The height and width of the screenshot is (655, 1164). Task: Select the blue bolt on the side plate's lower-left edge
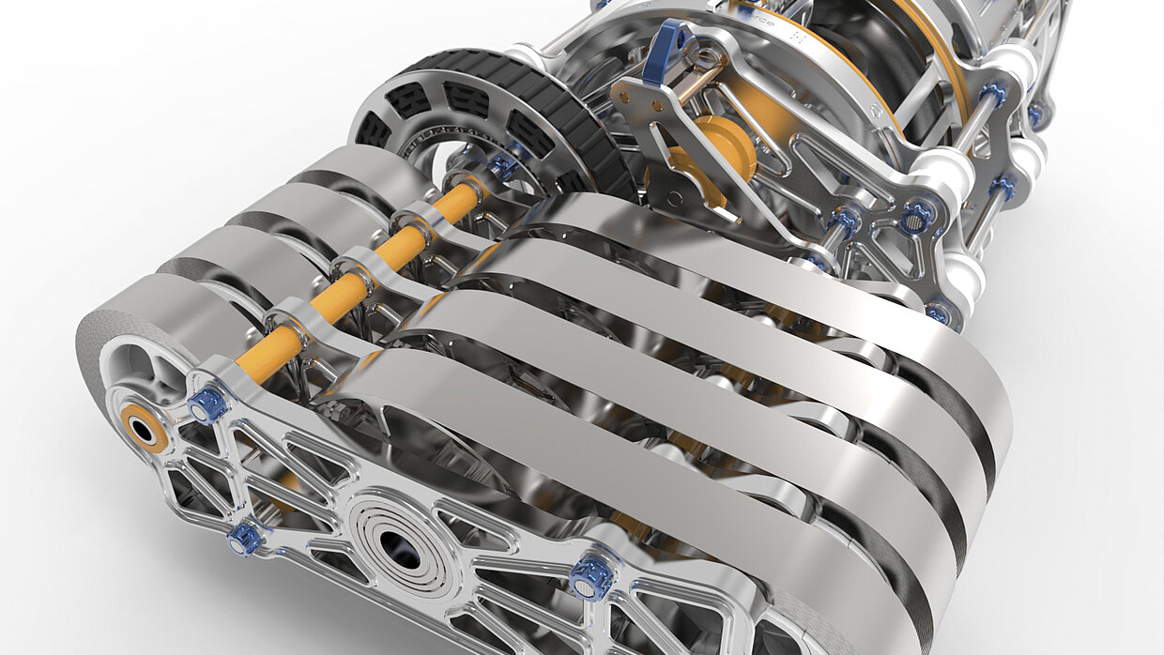click(x=245, y=538)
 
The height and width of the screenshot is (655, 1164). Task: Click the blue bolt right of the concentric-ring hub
click(x=591, y=576)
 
